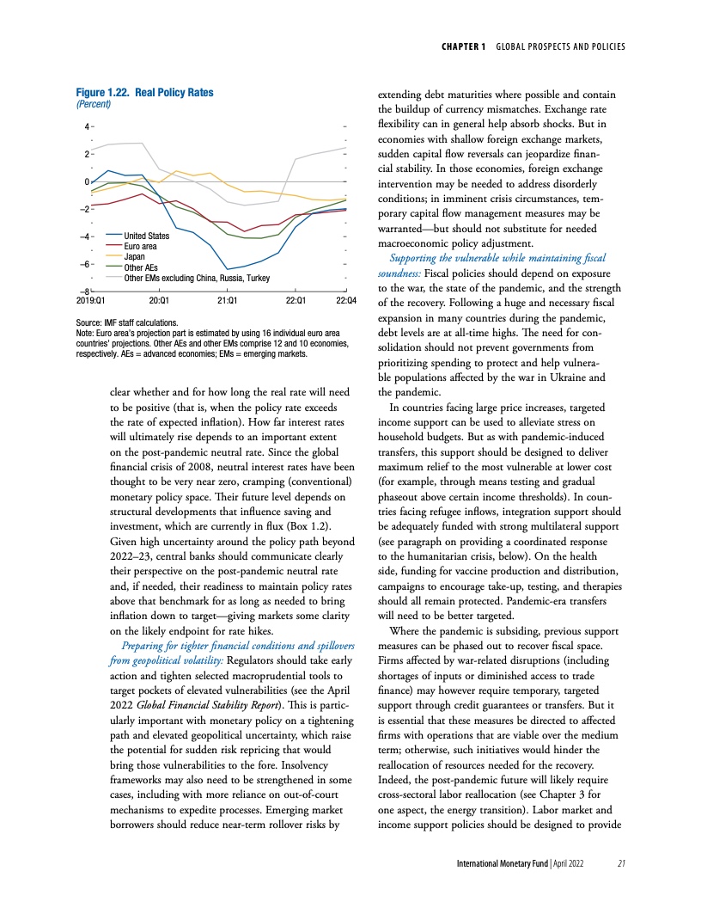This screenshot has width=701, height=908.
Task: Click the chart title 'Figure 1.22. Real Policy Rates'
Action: tap(145, 92)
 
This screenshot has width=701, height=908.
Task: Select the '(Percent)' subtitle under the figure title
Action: tap(94, 104)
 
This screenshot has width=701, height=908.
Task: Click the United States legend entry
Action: tap(146, 236)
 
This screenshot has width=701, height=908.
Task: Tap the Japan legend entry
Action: tap(134, 256)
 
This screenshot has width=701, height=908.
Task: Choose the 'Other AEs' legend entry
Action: tap(140, 267)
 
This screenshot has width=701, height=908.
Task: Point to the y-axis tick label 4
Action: tap(86, 126)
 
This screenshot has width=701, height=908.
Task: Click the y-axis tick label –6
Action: tap(84, 264)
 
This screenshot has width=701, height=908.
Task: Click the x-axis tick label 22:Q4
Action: tap(346, 301)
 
